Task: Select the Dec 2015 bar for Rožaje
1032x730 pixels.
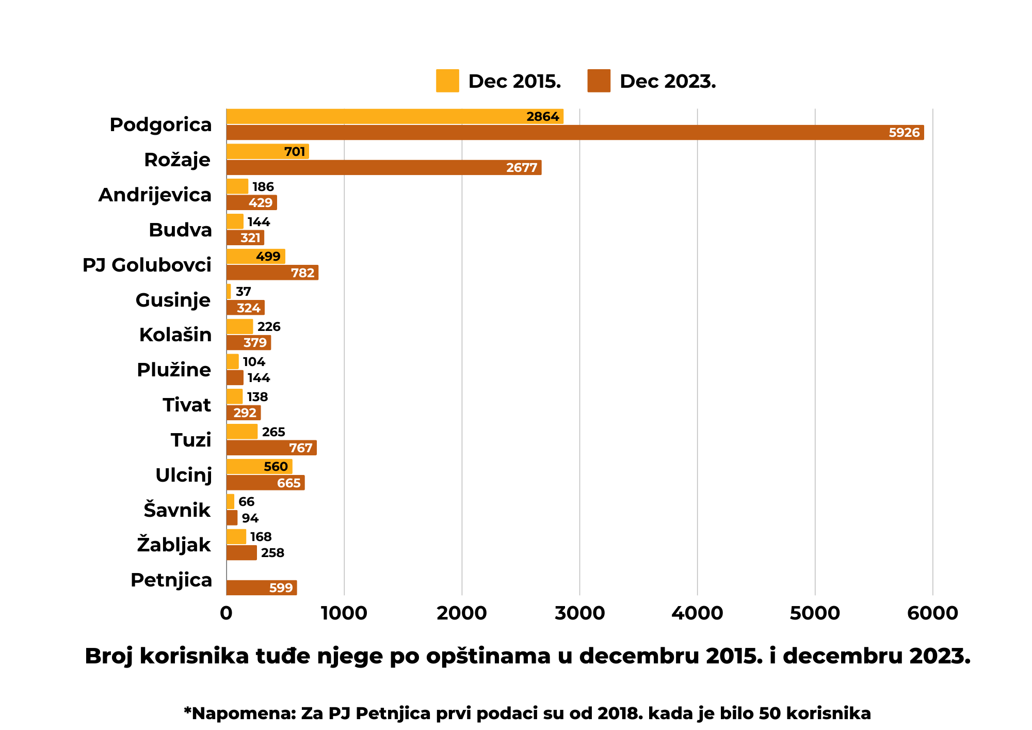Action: click(267, 151)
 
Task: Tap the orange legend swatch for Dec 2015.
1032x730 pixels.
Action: click(447, 81)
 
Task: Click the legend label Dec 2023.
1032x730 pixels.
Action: click(667, 82)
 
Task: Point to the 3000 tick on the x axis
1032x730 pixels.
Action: click(579, 613)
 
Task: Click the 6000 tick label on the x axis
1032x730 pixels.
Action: click(932, 613)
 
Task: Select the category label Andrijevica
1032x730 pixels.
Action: click(155, 195)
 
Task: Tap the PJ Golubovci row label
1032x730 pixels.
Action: click(147, 265)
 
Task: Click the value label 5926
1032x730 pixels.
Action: click(904, 133)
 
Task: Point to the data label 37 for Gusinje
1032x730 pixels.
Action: click(243, 292)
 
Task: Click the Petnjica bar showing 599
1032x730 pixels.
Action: click(261, 588)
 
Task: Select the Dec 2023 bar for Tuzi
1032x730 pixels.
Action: click(271, 448)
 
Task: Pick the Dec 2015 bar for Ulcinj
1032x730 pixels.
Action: click(259, 467)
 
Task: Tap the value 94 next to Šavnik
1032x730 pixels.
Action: click(250, 518)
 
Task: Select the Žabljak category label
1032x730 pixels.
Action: click(174, 545)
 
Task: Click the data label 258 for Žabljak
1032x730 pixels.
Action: click(272, 553)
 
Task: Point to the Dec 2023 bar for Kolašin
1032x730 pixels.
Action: click(248, 343)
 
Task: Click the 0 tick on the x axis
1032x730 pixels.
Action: click(226, 613)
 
